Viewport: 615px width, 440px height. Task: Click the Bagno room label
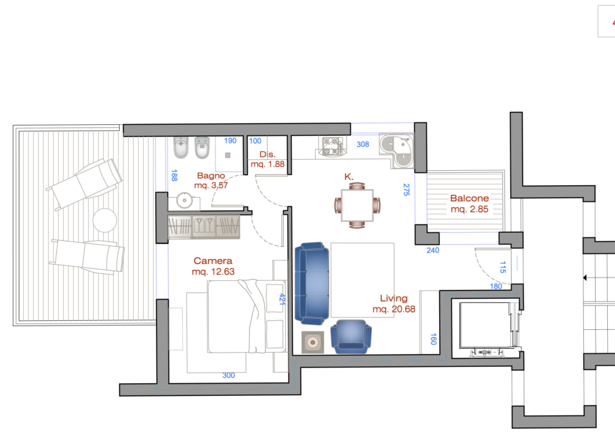(x=211, y=175)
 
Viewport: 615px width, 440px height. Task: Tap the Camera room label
(x=213, y=261)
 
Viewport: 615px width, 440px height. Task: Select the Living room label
(x=394, y=299)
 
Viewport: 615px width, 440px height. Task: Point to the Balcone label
(x=469, y=198)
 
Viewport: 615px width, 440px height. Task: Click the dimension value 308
(x=363, y=144)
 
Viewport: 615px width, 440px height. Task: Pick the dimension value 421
(x=281, y=299)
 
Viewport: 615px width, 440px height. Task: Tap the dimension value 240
(x=433, y=250)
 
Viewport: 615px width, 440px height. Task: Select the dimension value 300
(x=229, y=376)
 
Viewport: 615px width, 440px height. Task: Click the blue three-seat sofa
(x=312, y=283)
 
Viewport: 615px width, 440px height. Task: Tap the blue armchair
(x=351, y=336)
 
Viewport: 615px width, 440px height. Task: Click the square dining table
(x=357, y=205)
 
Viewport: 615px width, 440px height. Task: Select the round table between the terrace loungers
(x=105, y=220)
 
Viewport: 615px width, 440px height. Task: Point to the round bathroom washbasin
(x=184, y=200)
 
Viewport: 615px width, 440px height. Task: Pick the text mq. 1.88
(x=268, y=164)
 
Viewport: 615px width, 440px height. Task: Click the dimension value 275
(x=406, y=190)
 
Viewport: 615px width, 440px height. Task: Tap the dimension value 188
(x=174, y=175)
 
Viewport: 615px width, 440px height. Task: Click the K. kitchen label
(x=349, y=177)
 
